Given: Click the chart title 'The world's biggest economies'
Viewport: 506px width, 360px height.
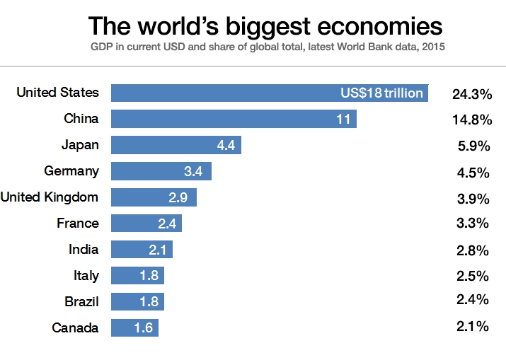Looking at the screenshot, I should tap(265, 27).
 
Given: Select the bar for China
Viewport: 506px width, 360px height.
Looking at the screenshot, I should tap(234, 119).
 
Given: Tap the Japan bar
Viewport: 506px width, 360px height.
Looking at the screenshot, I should tap(176, 145).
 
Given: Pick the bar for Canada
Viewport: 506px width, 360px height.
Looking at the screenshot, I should tap(134, 327).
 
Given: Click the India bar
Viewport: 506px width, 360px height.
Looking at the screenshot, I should tap(142, 249).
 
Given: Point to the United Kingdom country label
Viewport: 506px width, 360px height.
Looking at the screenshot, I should tap(50, 197).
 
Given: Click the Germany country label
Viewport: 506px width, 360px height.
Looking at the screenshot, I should tap(71, 170).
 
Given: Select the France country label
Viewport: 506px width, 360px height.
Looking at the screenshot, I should tap(78, 223).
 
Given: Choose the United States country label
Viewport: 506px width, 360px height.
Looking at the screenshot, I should tap(57, 93).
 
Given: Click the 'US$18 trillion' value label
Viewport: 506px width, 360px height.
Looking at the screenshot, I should tap(381, 93).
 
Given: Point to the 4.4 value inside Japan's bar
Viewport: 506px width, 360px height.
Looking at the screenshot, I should tap(226, 145).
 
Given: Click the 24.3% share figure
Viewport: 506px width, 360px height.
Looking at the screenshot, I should tap(471, 94).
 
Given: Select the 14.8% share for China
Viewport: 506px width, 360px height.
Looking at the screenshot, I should tap(471, 120).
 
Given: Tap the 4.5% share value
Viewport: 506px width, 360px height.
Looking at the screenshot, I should tap(474, 172).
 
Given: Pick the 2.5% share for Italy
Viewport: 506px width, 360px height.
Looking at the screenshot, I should tap(474, 275).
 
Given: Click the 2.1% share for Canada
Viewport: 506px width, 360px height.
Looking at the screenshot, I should tap(474, 326).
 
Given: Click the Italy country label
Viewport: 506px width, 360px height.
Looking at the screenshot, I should tap(86, 275).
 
